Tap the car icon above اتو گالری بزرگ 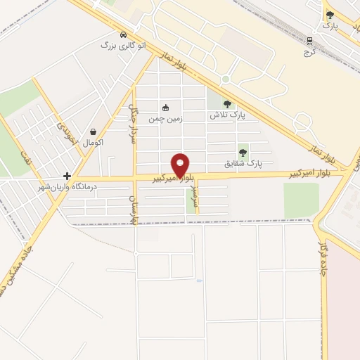point(124,34)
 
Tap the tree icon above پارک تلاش point(226,104)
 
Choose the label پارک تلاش point(226,115)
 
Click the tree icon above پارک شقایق point(243,152)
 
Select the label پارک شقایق point(243,163)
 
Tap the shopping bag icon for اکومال point(94,131)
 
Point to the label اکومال point(94,143)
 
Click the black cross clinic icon point(67,176)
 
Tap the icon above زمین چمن point(165,108)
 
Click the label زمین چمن point(165,119)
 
